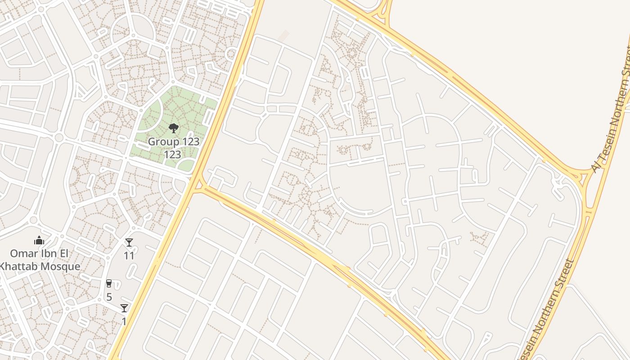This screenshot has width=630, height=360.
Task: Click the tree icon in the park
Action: click(173, 129)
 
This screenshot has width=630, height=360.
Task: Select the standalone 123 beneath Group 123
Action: click(172, 155)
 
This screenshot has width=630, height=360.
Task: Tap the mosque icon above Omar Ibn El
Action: click(39, 241)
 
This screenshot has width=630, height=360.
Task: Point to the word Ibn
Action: click(47, 253)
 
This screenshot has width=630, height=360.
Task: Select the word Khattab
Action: click(18, 266)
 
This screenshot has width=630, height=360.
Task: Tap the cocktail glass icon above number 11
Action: click(129, 243)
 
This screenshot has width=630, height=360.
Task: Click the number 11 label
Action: click(129, 256)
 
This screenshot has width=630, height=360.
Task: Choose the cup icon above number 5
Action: click(108, 283)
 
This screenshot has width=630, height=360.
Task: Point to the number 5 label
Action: click(109, 297)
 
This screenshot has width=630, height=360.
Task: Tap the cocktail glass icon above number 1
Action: click(124, 308)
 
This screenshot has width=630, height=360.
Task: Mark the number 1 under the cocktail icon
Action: click(124, 321)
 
